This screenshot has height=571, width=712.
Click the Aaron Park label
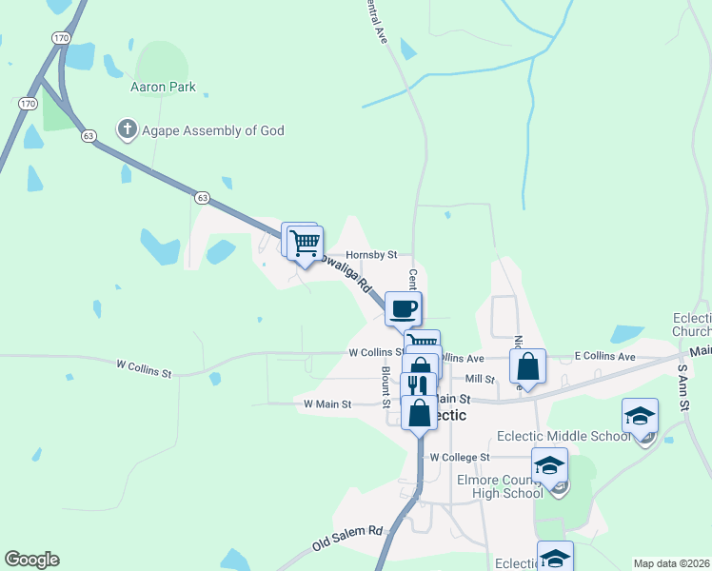tap(163, 87)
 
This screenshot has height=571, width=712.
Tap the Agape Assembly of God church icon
tap(126, 130)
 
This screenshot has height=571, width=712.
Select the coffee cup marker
tap(404, 308)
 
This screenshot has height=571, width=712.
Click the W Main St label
tap(327, 404)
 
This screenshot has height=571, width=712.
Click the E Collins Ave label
tap(604, 356)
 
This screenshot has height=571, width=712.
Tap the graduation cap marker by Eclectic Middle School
tap(640, 416)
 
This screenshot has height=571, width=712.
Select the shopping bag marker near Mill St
tap(527, 366)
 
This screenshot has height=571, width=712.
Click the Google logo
tap(31, 560)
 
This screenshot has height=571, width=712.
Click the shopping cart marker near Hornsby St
tap(305, 243)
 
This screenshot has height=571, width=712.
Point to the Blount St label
tap(386, 385)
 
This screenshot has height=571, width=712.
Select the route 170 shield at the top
tap(61, 38)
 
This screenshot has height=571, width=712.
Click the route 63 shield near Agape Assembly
tap(89, 135)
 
